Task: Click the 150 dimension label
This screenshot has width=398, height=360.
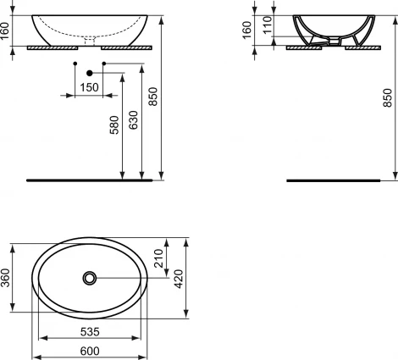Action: pyautogui.click(x=87, y=86)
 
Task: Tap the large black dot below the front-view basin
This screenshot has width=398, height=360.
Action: pyautogui.click(x=88, y=74)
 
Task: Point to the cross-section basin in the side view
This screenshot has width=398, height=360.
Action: pyautogui.click(x=329, y=30)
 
